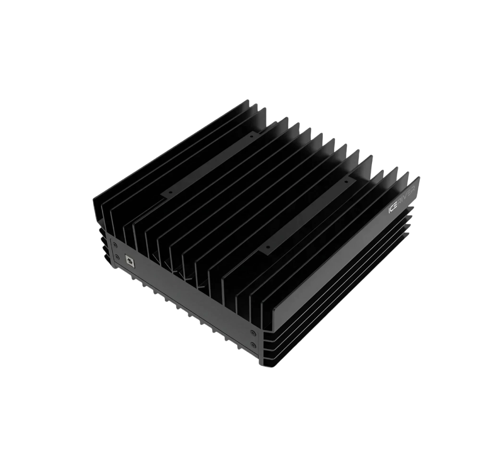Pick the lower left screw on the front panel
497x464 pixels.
[117, 257]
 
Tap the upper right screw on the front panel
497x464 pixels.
[253, 333]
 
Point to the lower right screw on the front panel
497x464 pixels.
[253, 345]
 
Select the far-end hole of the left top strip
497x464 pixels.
[252, 136]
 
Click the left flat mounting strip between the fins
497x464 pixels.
[211, 164]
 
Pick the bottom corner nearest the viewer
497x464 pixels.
[263, 365]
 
